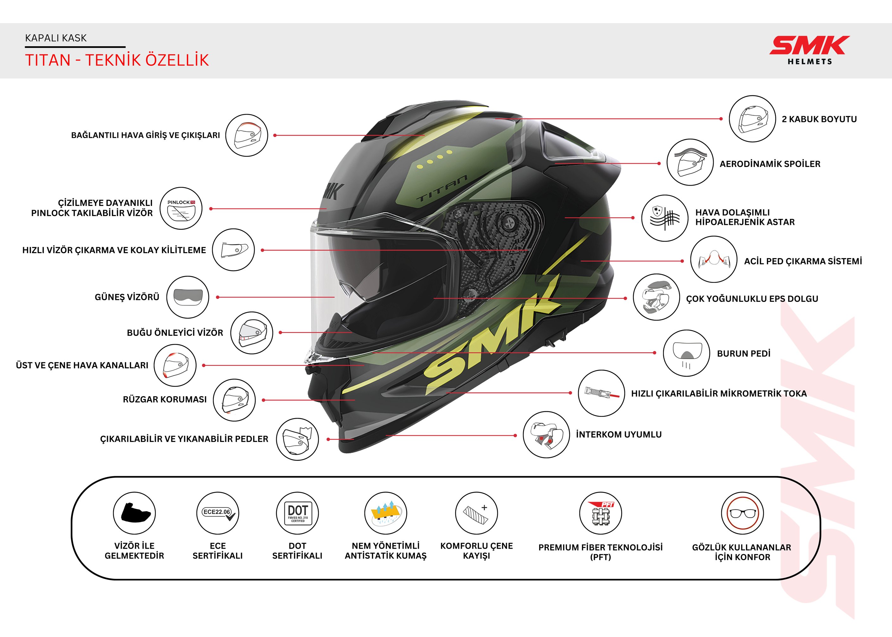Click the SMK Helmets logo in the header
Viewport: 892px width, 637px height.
click(809, 50)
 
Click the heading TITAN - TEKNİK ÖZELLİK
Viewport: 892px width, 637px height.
click(117, 60)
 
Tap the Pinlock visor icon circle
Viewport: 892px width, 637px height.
click(181, 208)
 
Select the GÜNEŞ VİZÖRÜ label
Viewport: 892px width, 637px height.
click(127, 297)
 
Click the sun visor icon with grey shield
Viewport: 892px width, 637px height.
click(188, 297)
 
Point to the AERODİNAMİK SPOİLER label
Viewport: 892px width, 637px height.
click(770, 164)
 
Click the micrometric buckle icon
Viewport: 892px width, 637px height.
click(601, 393)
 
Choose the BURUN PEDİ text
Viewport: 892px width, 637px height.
click(743, 354)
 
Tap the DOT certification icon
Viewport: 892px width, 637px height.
click(297, 513)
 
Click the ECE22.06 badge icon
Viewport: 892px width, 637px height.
click(218, 513)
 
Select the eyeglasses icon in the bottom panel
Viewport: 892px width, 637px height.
click(742, 513)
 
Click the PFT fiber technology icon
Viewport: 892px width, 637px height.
click(600, 513)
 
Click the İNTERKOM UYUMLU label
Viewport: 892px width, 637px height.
click(619, 434)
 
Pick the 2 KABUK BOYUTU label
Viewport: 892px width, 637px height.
click(819, 119)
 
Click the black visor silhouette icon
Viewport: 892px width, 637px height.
click(135, 513)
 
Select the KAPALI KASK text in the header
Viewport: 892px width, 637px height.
click(56, 38)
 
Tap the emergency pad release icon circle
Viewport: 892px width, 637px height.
click(714, 259)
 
